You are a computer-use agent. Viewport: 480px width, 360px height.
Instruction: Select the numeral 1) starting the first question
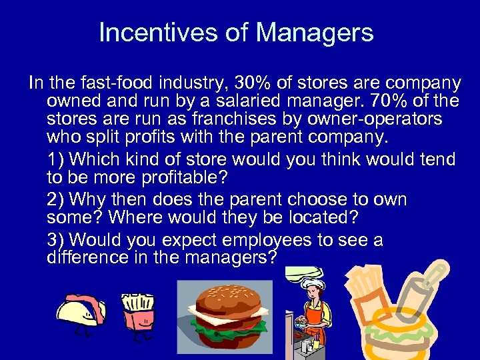pos(55,160)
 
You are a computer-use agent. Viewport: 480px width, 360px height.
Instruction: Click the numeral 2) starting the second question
pos(55,199)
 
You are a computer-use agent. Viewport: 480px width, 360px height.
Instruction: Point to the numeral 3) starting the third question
pos(55,239)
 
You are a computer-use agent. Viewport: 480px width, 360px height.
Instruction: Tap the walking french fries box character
pos(139,313)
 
